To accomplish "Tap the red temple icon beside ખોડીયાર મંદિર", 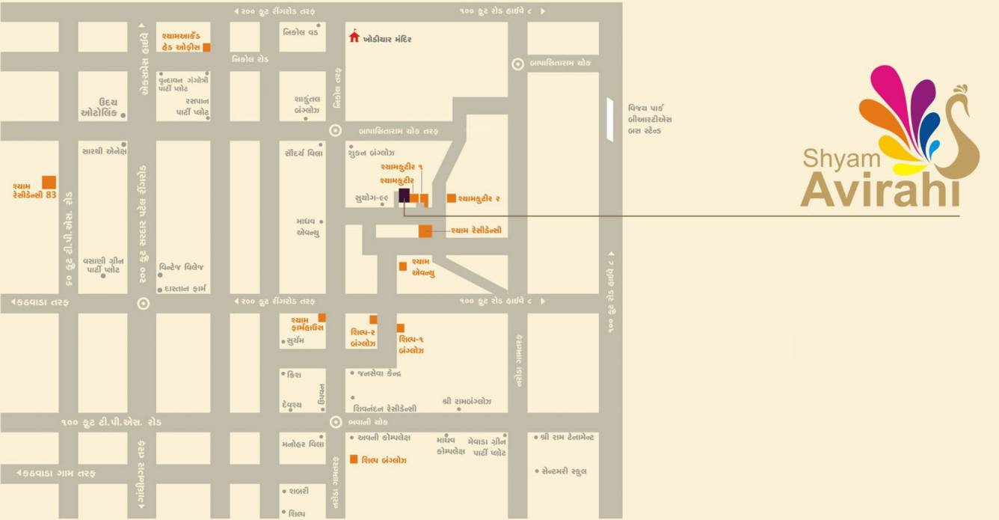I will pos(354,37).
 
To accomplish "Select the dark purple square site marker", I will pos(404,196).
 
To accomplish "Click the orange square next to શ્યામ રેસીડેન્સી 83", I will pos(49,182).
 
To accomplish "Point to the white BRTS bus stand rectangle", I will pos(609,120).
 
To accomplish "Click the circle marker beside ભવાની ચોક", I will pos(336,422).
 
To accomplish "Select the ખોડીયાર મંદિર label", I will pos(387,39).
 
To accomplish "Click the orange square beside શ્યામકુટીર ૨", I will pos(452,198).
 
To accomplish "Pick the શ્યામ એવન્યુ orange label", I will pos(423,267).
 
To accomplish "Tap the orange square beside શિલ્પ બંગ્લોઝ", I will pos(354,459).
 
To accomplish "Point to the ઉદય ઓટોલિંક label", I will pos(99,108).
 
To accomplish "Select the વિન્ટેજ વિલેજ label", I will pos(182,267).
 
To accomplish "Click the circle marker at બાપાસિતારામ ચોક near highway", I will pos(517,64).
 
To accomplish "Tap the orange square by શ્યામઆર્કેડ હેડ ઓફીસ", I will pos(207,47).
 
